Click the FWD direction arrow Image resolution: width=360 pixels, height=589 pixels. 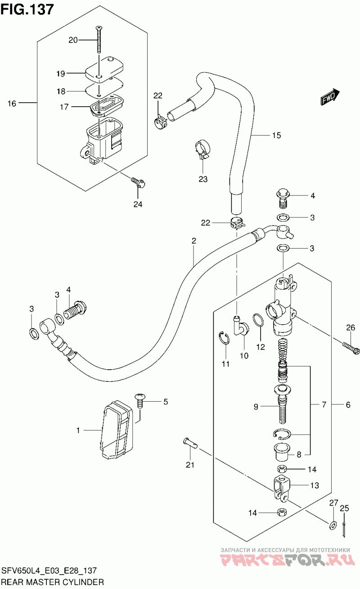click(330, 97)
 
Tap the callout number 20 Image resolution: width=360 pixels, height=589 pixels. click(73, 40)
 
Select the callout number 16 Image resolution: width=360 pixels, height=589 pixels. click(12, 104)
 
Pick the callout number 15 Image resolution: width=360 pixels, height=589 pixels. click(276, 135)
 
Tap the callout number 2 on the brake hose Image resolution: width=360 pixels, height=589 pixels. click(193, 240)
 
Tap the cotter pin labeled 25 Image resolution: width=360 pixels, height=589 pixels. click(344, 528)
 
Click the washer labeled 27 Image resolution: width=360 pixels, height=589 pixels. click(333, 525)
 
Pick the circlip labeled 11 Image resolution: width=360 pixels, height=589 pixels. click(224, 338)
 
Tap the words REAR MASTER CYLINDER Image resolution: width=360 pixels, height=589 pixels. click(53, 582)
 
